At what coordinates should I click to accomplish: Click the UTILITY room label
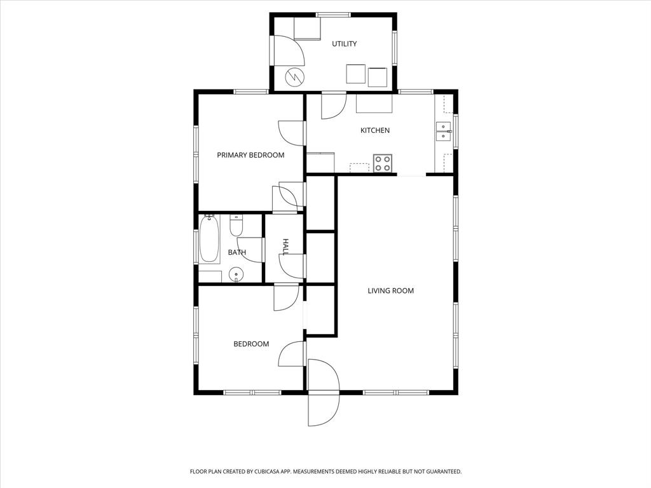pyautogui.click(x=344, y=44)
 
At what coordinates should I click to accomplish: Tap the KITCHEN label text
pyautogui.click(x=375, y=130)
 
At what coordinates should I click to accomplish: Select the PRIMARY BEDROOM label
pyautogui.click(x=250, y=155)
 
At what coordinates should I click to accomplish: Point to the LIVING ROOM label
pyautogui.click(x=390, y=291)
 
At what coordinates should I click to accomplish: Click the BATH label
pyautogui.click(x=237, y=252)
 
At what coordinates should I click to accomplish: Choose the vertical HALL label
pyautogui.click(x=285, y=247)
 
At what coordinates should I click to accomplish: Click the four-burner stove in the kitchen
pyautogui.click(x=383, y=163)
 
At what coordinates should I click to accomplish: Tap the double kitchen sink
pyautogui.click(x=443, y=131)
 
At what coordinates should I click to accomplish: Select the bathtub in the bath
pyautogui.click(x=209, y=240)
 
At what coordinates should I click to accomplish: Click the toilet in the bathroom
pyautogui.click(x=236, y=226)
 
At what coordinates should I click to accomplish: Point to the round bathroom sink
pyautogui.click(x=236, y=276)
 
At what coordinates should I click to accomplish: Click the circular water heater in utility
pyautogui.click(x=294, y=78)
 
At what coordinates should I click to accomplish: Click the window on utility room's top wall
pyautogui.click(x=333, y=15)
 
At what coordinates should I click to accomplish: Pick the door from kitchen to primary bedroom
pyautogui.click(x=291, y=133)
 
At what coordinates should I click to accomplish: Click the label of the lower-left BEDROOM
pyautogui.click(x=251, y=344)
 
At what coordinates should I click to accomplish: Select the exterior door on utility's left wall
pyautogui.click(x=287, y=51)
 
